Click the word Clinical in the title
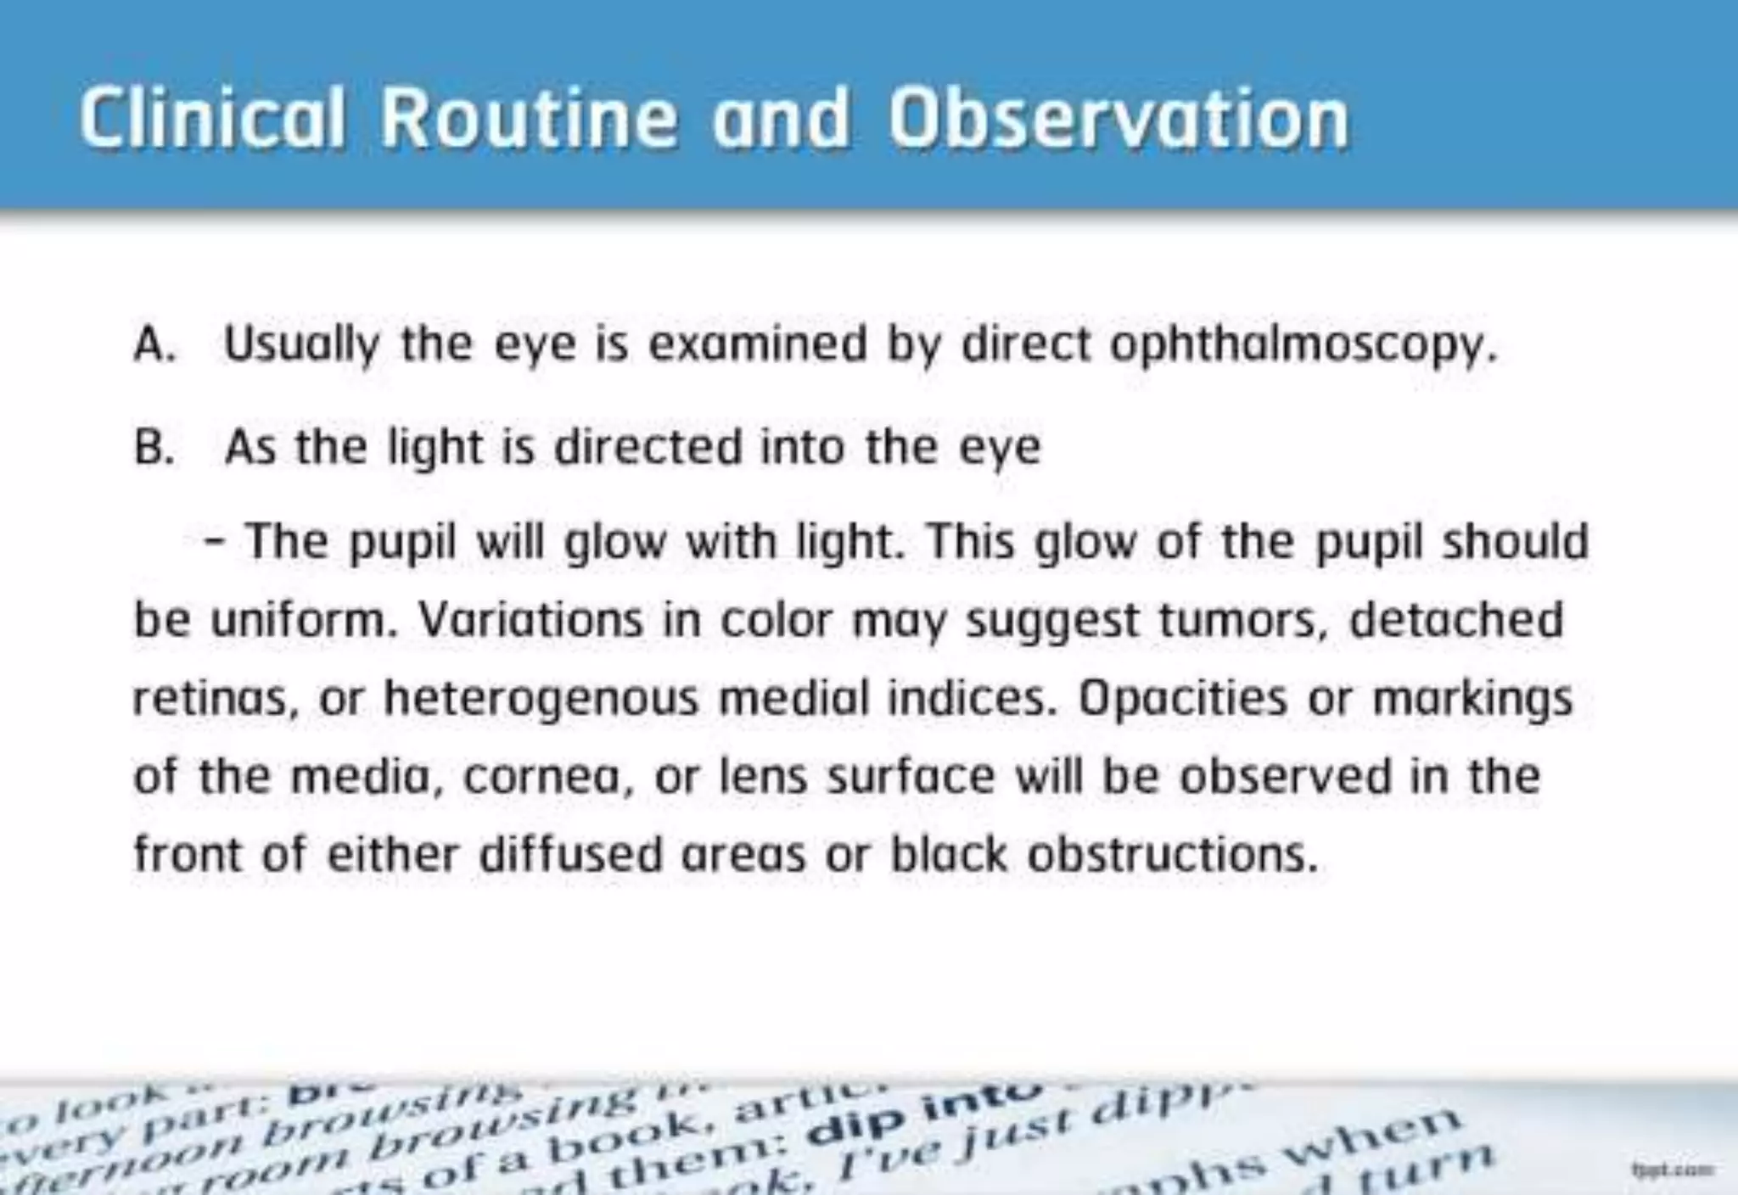click(212, 119)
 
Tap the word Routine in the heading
click(529, 119)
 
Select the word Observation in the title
click(1118, 119)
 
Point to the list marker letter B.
click(154, 448)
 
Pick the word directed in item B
click(648, 447)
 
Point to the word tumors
click(1242, 621)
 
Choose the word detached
click(1455, 619)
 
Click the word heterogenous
click(541, 700)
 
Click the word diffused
click(570, 854)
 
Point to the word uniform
click(304, 621)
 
